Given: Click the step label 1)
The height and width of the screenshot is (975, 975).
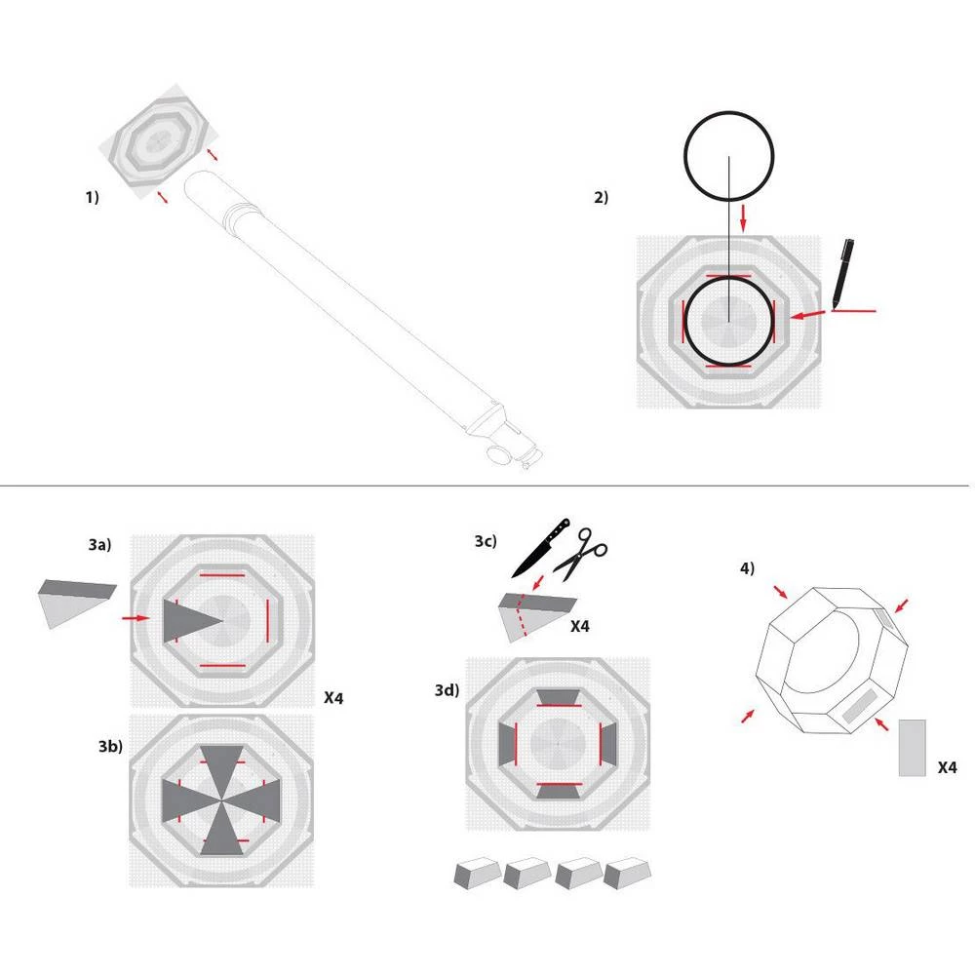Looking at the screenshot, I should click(92, 197).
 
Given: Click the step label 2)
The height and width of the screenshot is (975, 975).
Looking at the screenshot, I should click(601, 197).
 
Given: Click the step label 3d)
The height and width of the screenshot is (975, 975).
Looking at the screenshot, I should click(448, 691).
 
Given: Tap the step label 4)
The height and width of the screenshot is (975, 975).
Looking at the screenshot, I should click(746, 567).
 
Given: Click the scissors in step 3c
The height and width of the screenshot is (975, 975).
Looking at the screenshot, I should click(586, 553).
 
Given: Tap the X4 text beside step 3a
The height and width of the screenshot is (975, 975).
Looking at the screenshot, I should click(333, 698).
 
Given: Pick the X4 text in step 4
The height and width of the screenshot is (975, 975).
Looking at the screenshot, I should click(945, 768).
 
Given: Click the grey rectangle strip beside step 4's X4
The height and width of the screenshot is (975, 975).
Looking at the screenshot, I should click(913, 748).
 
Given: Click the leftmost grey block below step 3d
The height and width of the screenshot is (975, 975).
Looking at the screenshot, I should click(477, 872).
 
